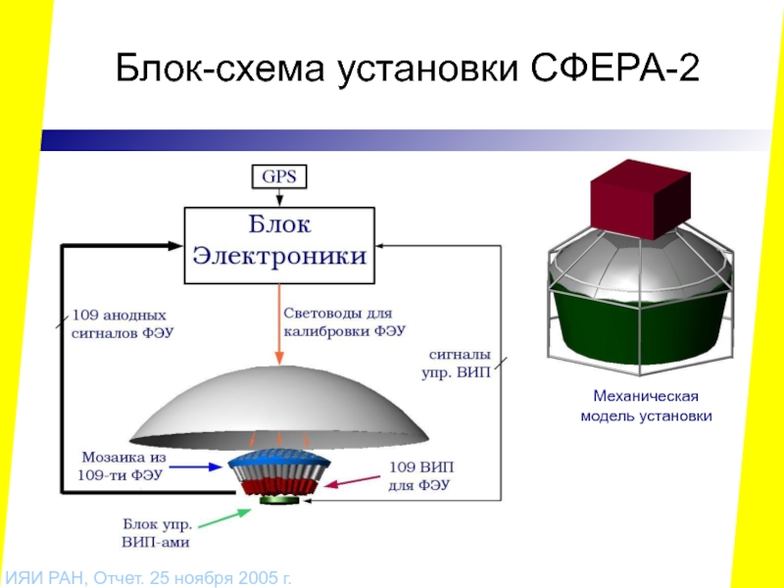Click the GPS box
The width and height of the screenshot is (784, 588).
[280, 176]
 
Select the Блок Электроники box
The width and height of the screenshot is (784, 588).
[279, 244]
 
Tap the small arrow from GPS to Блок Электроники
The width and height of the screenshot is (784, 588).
[280, 196]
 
